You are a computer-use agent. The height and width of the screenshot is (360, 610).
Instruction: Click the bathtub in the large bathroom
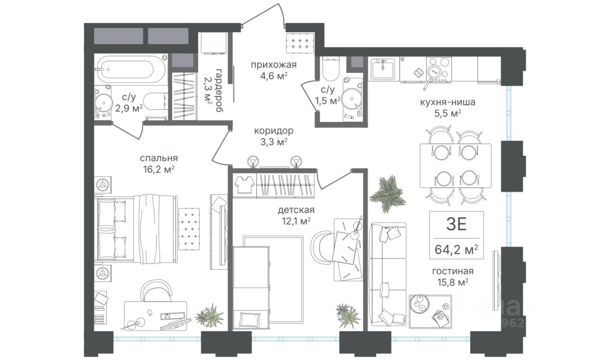coord(131,69)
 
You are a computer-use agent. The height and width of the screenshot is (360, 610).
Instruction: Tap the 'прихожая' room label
coord(274,65)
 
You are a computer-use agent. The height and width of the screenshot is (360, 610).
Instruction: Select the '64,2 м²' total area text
coord(456,249)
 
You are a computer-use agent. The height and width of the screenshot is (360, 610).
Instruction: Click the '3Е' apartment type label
coord(457,224)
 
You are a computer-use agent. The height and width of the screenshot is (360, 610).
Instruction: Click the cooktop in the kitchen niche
coord(439,69)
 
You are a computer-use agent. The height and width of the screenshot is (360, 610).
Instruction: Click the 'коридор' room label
coord(274,131)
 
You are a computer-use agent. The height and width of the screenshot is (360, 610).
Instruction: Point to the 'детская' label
coord(296,210)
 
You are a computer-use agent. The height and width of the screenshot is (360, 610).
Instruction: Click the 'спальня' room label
coord(159,158)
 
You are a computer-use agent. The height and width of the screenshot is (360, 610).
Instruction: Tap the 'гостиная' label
coord(453,271)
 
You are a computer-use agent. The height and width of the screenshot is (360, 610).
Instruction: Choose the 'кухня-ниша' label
coord(447,102)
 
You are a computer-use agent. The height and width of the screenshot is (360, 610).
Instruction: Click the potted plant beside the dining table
coord(388,194)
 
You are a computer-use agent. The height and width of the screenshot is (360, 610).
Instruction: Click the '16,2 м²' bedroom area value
coord(159,169)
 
